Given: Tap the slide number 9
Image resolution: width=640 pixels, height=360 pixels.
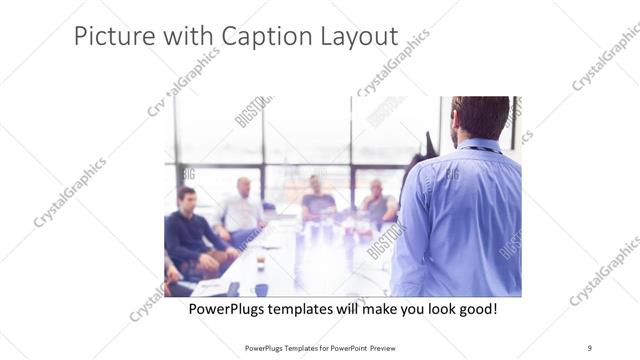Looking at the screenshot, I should pyautogui.click(x=590, y=347).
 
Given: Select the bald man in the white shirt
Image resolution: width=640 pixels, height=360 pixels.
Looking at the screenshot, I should pyautogui.click(x=243, y=205).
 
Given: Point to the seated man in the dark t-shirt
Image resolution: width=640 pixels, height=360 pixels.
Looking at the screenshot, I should pyautogui.click(x=317, y=199).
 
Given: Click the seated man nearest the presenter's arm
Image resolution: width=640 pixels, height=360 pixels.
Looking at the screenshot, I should pyautogui.click(x=377, y=203).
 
